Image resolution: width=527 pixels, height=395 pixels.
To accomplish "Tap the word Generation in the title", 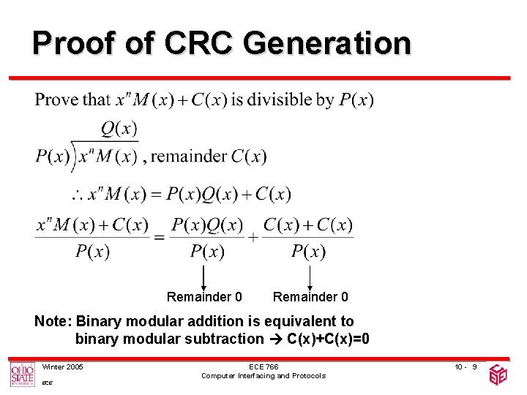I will [x=326, y=43].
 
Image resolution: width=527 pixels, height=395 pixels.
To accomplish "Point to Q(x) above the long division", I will [x=119, y=129].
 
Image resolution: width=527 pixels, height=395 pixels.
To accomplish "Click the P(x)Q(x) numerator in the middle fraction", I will [x=206, y=225].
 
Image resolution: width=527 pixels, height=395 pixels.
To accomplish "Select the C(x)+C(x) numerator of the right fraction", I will [x=307, y=225].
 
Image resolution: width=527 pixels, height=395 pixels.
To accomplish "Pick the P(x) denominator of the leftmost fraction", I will [x=92, y=252].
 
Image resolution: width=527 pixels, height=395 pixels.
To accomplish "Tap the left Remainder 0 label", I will [x=204, y=297].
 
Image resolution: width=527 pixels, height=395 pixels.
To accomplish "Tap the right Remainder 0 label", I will [x=310, y=297].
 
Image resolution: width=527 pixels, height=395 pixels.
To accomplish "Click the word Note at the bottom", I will [x=53, y=321].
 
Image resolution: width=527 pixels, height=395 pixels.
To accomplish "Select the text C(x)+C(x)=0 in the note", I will [x=329, y=339].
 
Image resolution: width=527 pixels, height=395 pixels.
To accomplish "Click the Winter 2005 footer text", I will [x=62, y=366].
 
